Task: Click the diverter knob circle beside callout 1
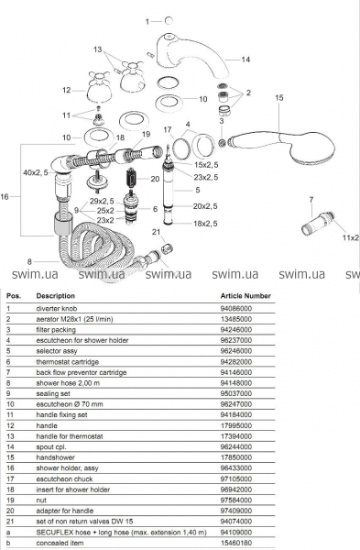[x=169, y=21]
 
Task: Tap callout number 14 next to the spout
[x=245, y=60]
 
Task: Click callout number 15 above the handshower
[x=278, y=97]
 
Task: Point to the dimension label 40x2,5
[x=36, y=172]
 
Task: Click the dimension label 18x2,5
[x=205, y=224]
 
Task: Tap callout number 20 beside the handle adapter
[x=155, y=179]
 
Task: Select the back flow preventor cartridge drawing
[x=318, y=224]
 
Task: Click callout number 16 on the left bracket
[x=5, y=197]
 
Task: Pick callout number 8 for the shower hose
[x=29, y=261]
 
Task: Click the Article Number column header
[x=245, y=296]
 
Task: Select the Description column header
[x=55, y=296]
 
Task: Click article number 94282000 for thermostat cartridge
[x=236, y=362]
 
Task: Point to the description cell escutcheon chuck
[x=64, y=478]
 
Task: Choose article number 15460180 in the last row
[x=236, y=543]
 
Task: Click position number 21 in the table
[x=10, y=522]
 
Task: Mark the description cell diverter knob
[x=57, y=309]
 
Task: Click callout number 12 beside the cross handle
[x=67, y=90]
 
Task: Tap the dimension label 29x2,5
[x=102, y=201]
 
